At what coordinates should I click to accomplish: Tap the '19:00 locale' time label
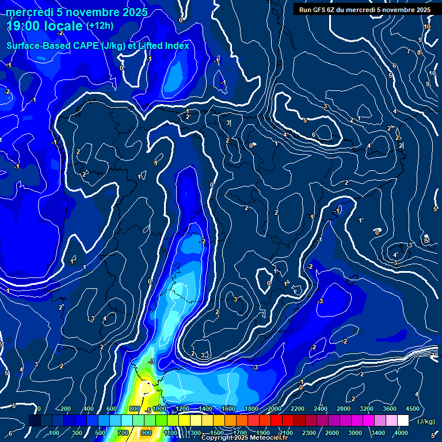[x=45, y=26]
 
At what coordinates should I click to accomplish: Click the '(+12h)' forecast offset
[x=101, y=26]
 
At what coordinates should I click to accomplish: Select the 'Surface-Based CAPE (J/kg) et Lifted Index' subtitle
[x=98, y=45]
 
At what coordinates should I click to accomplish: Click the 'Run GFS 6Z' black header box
[x=363, y=9]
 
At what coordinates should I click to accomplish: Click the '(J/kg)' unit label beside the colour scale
[x=426, y=422]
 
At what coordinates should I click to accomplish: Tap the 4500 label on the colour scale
[x=413, y=409]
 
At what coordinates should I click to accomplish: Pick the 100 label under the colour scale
[x=54, y=433]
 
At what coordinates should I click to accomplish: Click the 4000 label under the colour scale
[x=401, y=433]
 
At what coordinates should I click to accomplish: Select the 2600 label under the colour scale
[x=332, y=433]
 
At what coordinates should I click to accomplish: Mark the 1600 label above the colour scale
[x=228, y=409]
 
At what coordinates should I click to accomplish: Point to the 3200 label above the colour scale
[x=367, y=409]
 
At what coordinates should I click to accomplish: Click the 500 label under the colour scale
[x=100, y=433]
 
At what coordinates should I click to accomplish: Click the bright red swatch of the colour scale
[x=276, y=421]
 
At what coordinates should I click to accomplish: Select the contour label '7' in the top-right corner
[x=408, y=51]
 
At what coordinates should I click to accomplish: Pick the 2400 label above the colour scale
[x=321, y=409]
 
